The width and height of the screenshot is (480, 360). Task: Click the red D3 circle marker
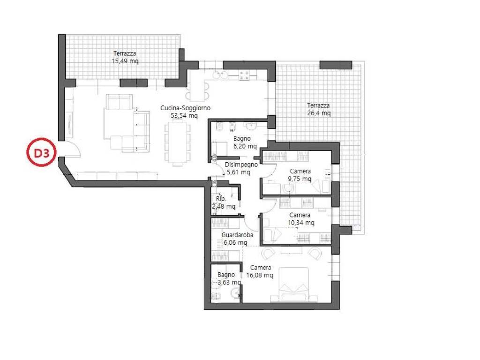pos(41,153)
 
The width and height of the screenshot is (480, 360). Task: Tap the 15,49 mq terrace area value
pos(125,61)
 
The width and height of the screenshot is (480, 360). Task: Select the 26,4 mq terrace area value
pos(319,113)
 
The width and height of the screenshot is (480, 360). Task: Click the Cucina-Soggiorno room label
pos(185,108)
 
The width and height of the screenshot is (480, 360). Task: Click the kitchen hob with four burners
pos(245,75)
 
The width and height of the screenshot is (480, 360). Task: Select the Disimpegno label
pos(241,165)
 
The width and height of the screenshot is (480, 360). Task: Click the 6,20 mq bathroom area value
pos(245,146)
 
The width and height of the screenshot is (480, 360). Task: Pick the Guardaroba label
pos(237,235)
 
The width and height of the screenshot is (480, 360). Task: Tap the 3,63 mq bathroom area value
pos(229,282)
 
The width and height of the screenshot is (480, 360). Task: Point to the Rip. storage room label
pos(220,199)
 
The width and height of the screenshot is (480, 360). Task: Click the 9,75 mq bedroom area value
pos(300,179)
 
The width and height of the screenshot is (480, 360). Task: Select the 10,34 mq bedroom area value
pos(300,223)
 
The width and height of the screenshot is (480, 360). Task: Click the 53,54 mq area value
pos(184,116)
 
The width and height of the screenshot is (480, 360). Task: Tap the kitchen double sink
pos(220,75)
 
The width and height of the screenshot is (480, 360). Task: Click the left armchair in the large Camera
pos(268,254)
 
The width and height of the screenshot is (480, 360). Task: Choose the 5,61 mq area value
pos(238,172)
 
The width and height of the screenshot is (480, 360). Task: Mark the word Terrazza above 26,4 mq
pos(318,105)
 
